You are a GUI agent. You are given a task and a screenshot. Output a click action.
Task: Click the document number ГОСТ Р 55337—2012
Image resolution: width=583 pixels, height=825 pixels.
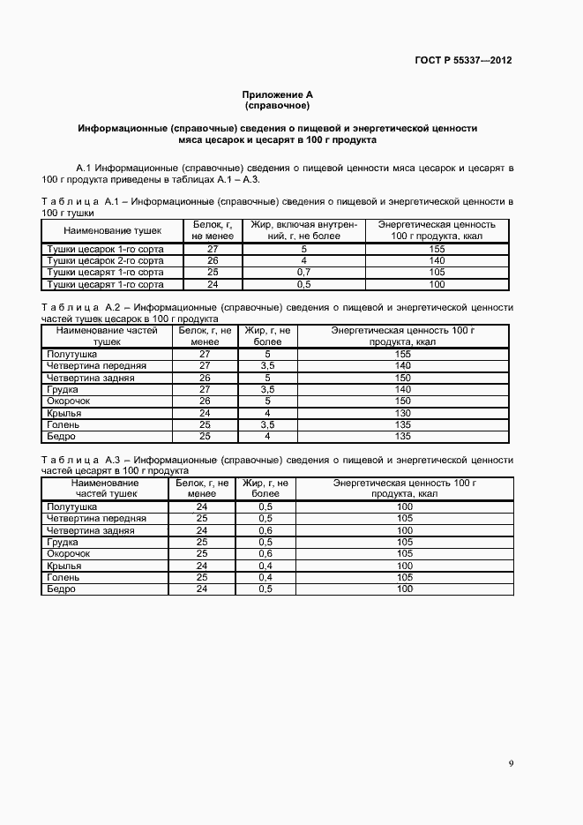[463, 61]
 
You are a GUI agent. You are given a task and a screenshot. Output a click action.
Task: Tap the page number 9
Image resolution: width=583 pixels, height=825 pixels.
[512, 763]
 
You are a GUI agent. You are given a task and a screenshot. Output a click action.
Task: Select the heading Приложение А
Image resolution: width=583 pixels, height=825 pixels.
[277, 94]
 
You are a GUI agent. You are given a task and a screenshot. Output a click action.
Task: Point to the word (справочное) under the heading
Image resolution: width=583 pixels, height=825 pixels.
[277, 105]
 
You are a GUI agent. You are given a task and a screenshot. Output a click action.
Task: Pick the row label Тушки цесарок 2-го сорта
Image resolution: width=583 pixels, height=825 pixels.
[105, 261]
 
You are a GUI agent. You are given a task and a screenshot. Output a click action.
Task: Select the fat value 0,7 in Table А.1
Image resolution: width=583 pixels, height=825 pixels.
[303, 273]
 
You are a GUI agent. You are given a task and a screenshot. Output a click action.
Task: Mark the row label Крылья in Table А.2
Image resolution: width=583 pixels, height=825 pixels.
[64, 413]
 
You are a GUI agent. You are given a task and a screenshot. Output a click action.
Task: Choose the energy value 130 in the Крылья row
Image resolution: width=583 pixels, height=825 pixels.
[403, 413]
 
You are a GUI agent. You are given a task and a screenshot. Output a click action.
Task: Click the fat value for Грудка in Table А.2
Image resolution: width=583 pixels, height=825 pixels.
[267, 389]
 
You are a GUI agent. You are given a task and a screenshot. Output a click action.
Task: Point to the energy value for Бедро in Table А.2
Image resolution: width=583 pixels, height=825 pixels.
[403, 437]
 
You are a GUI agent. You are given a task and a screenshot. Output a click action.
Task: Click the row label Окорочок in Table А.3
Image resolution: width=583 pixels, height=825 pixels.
[68, 554]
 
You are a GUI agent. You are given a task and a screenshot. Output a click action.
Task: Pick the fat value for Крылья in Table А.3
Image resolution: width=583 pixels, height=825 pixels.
[265, 566]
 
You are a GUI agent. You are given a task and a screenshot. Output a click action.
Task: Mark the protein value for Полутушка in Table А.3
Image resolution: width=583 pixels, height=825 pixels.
[201, 507]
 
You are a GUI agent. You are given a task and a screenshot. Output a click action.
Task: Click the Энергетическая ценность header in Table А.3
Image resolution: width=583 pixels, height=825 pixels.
[405, 489]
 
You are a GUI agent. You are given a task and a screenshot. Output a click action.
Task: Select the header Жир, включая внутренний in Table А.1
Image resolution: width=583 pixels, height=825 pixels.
[303, 230]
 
